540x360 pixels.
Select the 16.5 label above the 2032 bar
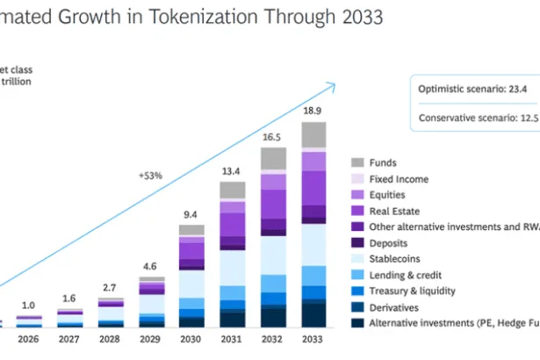(272, 137)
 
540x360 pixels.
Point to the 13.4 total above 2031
(232, 170)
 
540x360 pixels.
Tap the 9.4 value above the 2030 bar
(191, 213)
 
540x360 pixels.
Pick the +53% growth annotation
(151, 176)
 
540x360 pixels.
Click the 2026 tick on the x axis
(30, 339)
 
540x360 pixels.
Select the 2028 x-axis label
(111, 339)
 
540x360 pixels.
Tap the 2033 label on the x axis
(313, 339)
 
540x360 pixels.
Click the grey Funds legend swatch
(357, 163)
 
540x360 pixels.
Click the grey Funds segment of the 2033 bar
(313, 134)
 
